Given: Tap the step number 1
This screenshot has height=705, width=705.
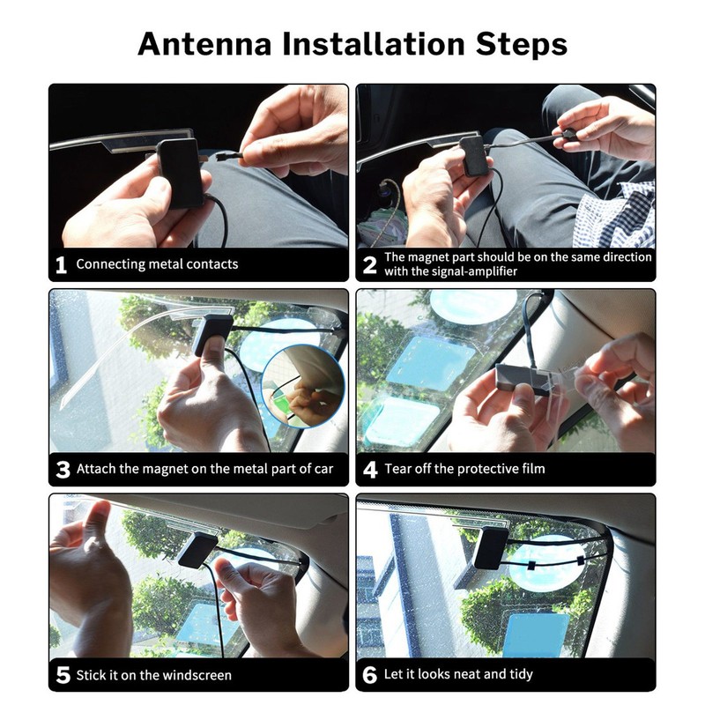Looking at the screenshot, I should click(x=61, y=264).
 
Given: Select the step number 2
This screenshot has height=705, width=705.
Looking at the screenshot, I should click(x=370, y=264).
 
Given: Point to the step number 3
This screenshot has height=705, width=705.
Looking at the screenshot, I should click(x=62, y=470).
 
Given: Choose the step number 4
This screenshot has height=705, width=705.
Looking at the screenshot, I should click(x=370, y=470).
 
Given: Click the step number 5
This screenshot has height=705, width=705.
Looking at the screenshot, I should click(x=62, y=676).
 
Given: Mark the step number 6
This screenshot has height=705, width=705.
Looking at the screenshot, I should click(x=370, y=676).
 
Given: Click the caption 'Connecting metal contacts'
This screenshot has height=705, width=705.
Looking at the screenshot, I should click(x=157, y=264).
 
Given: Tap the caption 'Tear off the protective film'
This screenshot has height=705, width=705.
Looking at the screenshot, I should click(x=464, y=470).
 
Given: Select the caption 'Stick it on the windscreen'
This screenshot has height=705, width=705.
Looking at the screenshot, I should click(x=154, y=676).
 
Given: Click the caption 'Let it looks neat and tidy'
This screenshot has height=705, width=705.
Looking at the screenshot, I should click(x=458, y=676).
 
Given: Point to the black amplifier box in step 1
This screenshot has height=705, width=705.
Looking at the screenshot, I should click(x=181, y=172).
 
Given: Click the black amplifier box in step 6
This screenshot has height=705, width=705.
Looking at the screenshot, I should click(x=491, y=547).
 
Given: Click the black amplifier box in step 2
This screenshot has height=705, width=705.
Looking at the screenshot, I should click(x=474, y=156).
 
